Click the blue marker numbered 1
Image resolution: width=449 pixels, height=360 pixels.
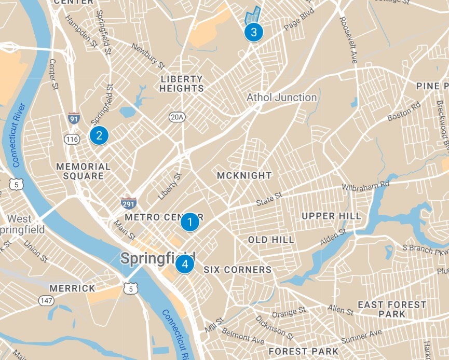(190, 223)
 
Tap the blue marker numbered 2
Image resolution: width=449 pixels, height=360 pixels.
(99, 135)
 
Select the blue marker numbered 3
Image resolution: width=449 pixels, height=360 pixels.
(253, 32)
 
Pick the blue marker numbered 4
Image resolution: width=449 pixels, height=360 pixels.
(184, 264)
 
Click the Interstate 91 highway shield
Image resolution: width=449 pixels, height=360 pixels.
(74, 118)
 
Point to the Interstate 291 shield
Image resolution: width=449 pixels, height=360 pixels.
(129, 202)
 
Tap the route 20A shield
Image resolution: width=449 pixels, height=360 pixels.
(176, 117)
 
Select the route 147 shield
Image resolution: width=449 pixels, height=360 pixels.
(45, 301)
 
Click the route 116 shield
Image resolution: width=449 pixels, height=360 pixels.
(71, 139)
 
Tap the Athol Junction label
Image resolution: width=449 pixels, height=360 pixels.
(281, 98)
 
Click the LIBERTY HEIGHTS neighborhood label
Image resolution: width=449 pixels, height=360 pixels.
(182, 84)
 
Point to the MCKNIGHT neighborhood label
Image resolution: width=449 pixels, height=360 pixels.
(244, 175)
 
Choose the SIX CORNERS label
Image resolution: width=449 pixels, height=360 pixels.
(237, 270)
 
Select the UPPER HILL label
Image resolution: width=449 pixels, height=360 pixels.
(331, 216)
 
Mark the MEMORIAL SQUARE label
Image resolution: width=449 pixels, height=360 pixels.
(83, 171)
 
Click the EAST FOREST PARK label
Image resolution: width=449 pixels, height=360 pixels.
(392, 309)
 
